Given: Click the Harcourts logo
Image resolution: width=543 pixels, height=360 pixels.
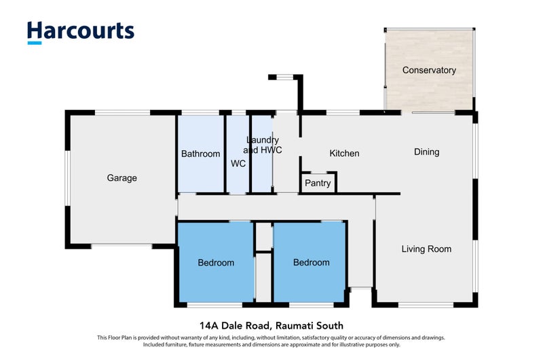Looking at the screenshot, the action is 81,33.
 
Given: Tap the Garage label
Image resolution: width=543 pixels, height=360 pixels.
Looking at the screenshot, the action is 122,178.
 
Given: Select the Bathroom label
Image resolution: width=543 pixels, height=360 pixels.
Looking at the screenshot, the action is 200,154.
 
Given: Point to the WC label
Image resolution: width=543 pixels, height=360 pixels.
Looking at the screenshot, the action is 238,163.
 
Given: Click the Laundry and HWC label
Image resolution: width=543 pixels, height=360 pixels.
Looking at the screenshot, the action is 263,145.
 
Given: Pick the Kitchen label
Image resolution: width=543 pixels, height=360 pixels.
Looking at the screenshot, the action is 344,153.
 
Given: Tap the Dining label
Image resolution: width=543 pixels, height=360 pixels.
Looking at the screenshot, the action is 427,151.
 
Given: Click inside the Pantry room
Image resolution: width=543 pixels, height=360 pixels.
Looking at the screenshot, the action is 318,183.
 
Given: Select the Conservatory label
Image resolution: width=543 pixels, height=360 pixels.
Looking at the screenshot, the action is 429,70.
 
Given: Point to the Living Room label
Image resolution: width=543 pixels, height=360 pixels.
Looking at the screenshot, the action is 426,249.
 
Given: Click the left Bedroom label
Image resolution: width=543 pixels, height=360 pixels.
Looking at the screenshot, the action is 216,263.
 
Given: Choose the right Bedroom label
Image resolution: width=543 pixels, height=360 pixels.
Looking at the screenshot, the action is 312,262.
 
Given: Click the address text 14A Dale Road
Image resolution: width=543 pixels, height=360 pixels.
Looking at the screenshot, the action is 234,325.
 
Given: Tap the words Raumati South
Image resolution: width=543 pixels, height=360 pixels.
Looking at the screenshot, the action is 310,325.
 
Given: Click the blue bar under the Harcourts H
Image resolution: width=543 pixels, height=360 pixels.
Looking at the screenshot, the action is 35,43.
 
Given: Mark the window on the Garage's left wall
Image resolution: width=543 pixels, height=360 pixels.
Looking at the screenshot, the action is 68,179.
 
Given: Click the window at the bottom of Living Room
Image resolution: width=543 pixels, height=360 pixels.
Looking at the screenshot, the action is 426,305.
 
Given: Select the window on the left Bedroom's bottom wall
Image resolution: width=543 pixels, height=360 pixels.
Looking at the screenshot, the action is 214,305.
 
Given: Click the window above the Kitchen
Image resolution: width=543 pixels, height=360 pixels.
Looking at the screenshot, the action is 343,112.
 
